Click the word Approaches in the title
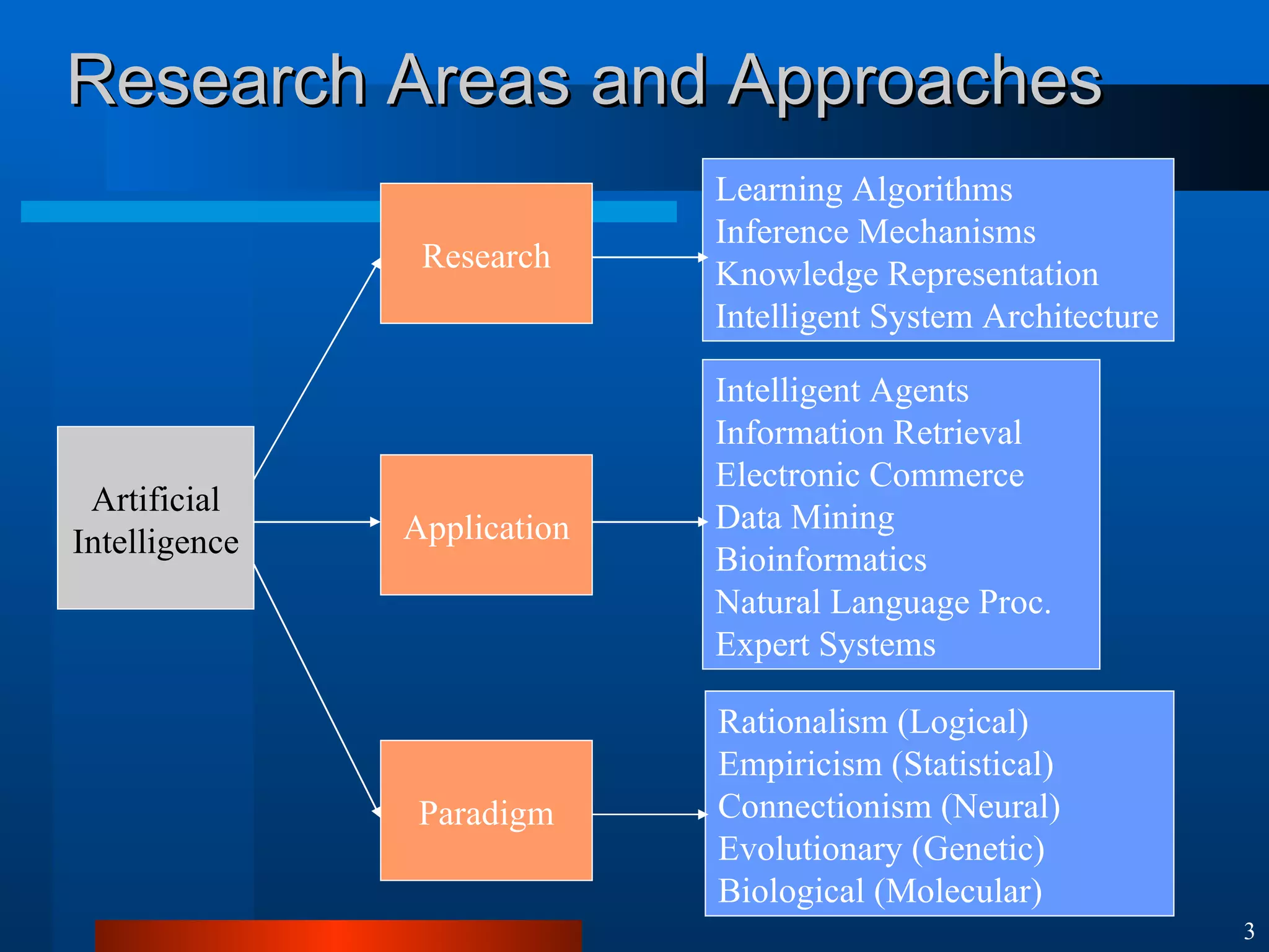tap(914, 82)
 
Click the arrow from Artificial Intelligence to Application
tap(316, 522)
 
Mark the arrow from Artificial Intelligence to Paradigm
tap(316, 689)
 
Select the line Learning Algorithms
tap(864, 190)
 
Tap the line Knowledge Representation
tap(907, 274)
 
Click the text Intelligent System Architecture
tap(936, 317)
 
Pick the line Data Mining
tap(805, 518)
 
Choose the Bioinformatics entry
tap(820, 560)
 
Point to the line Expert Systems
tap(825, 645)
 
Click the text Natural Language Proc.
tap(883, 602)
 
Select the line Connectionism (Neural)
tap(889, 807)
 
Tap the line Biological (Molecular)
tap(880, 891)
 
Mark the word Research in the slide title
tap(217, 82)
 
